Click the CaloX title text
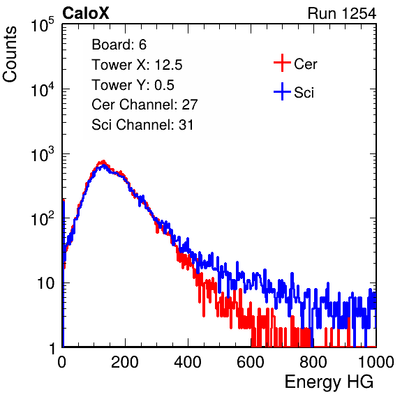[x=86, y=13]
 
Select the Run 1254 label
[x=342, y=13]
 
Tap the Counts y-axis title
[x=10, y=54]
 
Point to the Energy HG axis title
[x=329, y=382]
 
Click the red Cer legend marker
[x=282, y=63]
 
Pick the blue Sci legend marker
[x=282, y=92]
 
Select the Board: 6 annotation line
[x=119, y=45]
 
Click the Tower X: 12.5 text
[x=137, y=65]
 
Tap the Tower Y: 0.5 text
[x=133, y=85]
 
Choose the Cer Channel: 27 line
[x=144, y=105]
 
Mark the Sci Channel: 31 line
[x=142, y=125]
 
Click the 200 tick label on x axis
[x=125, y=362]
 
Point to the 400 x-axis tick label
[x=188, y=362]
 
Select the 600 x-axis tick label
[x=251, y=362]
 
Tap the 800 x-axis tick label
[x=313, y=362]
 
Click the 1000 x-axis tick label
[x=376, y=362]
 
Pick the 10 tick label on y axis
[x=46, y=283]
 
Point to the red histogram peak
[x=103, y=161]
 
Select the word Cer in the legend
[x=306, y=64]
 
